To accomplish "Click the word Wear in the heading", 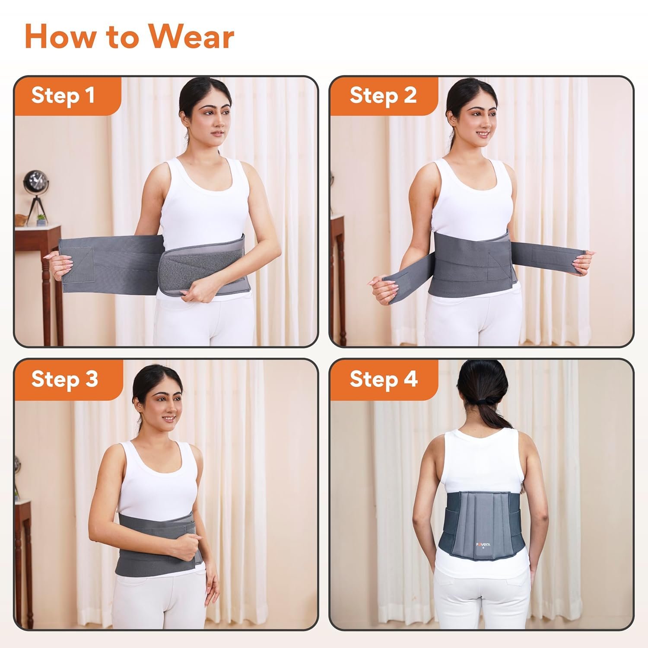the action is pyautogui.click(x=191, y=37).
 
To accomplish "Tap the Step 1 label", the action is pyautogui.click(x=63, y=95).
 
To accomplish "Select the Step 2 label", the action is pyautogui.click(x=383, y=95).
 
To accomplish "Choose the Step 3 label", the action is pyautogui.click(x=65, y=379).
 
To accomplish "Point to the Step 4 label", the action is pyautogui.click(x=384, y=379).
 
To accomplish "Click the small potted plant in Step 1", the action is pyautogui.click(x=42, y=219).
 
